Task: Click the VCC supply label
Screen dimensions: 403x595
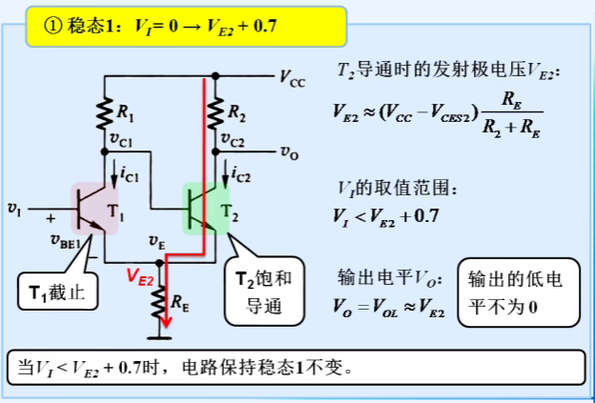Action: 292,78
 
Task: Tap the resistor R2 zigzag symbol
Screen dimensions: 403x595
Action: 217,113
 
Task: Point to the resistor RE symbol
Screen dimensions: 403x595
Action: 160,303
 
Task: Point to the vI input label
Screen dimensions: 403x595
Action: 14,205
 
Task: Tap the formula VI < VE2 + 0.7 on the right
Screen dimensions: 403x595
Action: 386,215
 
